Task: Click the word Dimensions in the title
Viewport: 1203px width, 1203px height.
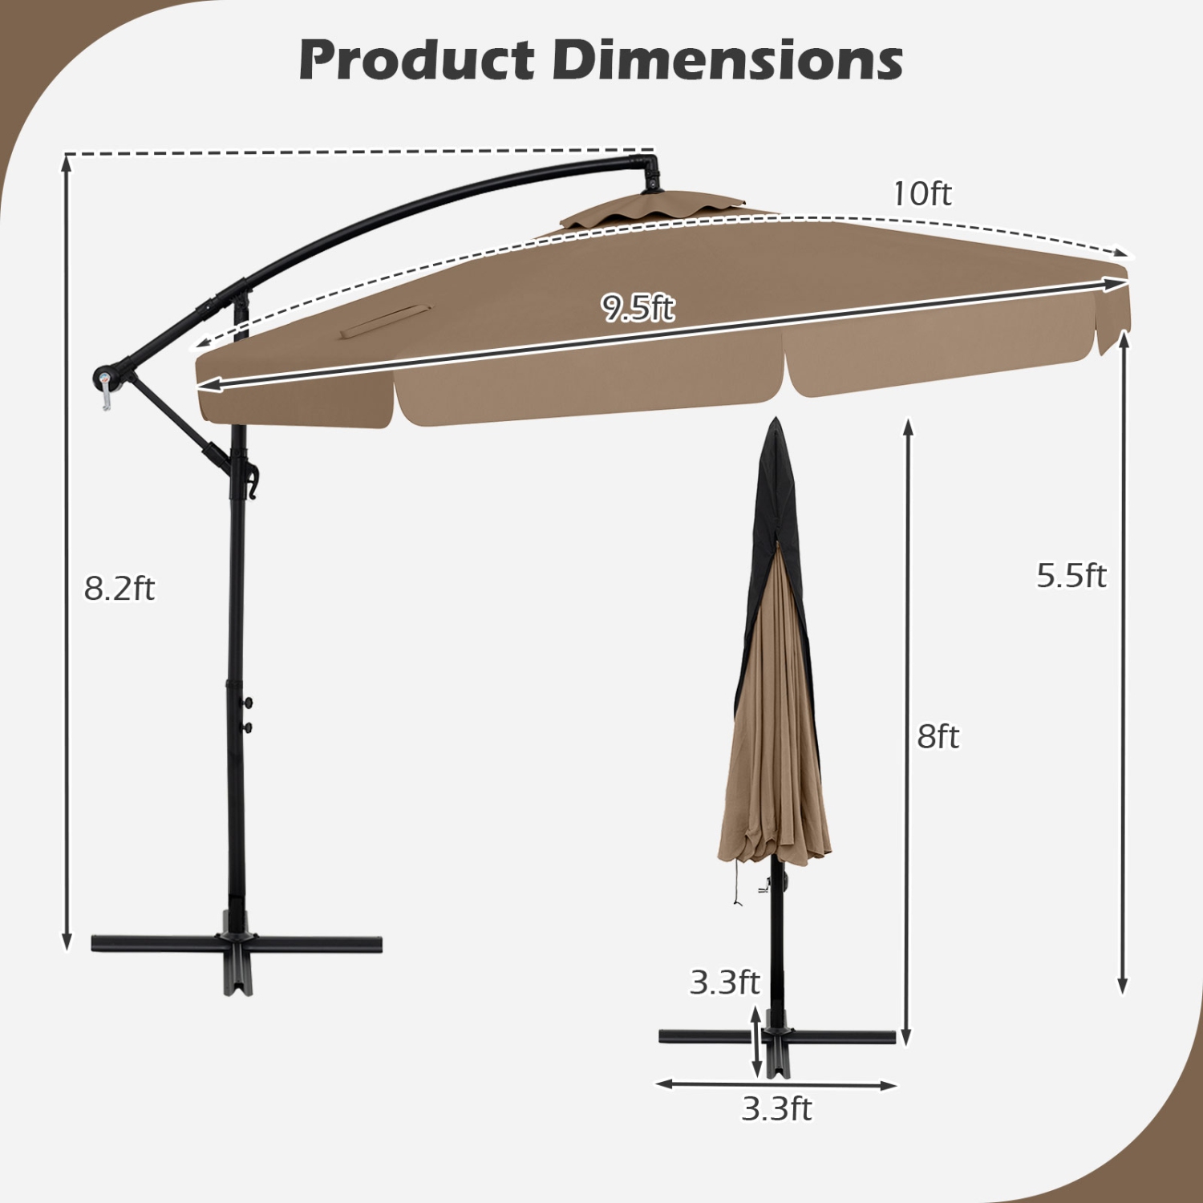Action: tap(727, 60)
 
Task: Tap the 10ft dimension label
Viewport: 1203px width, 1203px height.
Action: tap(922, 194)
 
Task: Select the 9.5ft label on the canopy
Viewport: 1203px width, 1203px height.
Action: tap(638, 307)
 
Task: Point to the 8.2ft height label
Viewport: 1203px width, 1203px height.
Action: tap(119, 589)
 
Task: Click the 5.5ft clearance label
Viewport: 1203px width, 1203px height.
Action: tap(1071, 576)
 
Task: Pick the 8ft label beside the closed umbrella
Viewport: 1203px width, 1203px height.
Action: tap(938, 736)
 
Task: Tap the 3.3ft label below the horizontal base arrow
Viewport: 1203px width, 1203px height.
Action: tap(776, 1109)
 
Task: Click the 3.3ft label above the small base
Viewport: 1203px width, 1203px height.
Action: tap(724, 982)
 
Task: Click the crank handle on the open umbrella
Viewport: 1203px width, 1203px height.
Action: tap(105, 386)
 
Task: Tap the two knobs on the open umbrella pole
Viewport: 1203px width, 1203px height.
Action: tap(248, 715)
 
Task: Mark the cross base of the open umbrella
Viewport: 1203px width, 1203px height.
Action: tap(237, 946)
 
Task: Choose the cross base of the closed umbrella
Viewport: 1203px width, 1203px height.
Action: tap(776, 1039)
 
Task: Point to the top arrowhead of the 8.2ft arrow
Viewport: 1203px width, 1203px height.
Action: tap(67, 161)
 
